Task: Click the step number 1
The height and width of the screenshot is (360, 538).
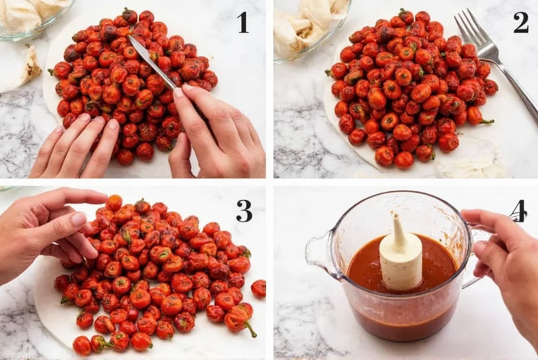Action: (243, 22)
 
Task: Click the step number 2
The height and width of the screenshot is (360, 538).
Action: (521, 22)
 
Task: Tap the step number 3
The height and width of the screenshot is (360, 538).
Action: (244, 211)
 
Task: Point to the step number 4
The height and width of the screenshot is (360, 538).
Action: (518, 211)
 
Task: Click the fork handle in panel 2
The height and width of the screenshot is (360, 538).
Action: (515, 86)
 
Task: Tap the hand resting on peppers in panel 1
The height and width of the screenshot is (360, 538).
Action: (76, 148)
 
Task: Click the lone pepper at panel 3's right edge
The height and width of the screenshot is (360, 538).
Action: (258, 289)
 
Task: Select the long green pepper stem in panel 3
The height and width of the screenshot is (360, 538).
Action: (250, 329)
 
